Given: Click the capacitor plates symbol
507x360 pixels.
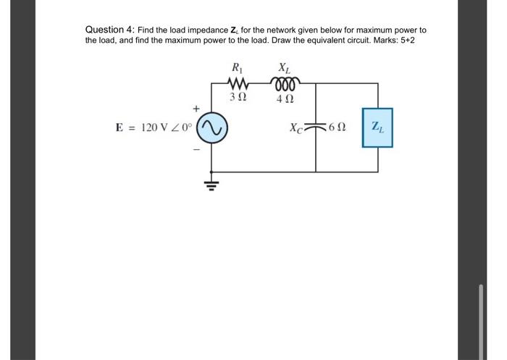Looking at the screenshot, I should click(x=316, y=128).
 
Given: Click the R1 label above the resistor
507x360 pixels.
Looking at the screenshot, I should click(x=237, y=69).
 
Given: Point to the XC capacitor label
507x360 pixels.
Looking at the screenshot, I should click(x=296, y=128).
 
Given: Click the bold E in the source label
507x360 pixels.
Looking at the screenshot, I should click(x=120, y=128).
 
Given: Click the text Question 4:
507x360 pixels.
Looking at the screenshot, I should click(x=109, y=30).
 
